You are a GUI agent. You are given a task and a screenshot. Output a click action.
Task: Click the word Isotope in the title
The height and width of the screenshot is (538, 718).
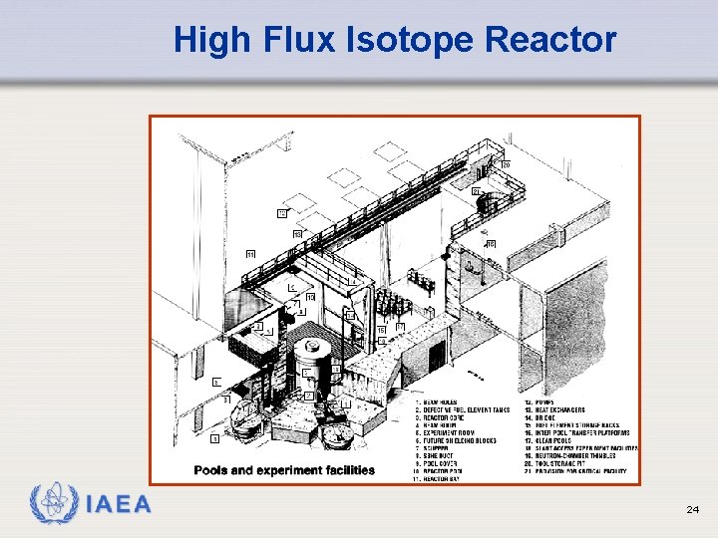click(409, 40)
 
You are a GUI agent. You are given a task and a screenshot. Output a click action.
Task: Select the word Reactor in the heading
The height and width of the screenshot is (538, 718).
click(552, 40)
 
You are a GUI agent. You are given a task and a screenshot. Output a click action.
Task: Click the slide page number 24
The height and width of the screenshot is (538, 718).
click(692, 510)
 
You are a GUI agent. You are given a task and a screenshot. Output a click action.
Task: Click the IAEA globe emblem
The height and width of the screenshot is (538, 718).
click(51, 505)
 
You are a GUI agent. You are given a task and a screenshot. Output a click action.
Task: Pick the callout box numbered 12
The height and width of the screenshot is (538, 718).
click(282, 213)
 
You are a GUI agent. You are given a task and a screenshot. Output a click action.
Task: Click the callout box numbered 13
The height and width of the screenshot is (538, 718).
click(297, 233)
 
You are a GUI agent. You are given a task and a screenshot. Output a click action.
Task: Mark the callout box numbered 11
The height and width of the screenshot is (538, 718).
click(250, 254)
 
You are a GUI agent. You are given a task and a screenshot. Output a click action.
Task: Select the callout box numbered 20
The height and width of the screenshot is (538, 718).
click(506, 164)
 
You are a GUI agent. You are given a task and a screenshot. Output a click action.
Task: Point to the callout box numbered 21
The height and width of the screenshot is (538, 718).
click(476, 190)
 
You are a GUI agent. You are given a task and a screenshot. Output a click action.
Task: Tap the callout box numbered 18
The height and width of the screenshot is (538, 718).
click(490, 244)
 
